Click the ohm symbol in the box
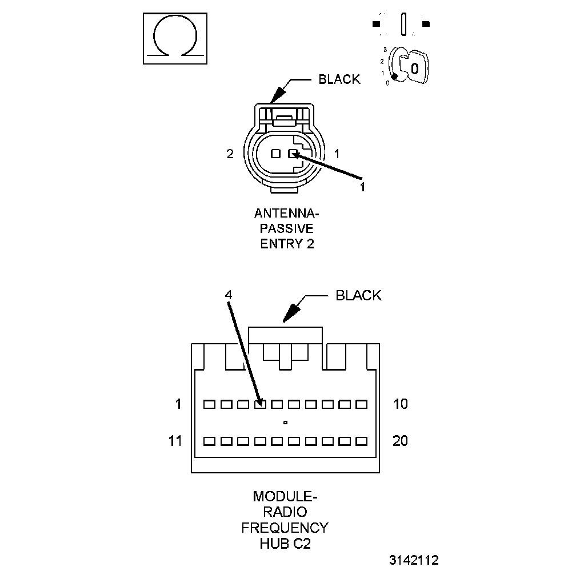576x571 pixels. (174, 39)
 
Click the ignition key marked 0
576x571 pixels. (413, 67)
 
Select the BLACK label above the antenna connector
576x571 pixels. (339, 79)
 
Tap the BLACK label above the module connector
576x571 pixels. (358, 295)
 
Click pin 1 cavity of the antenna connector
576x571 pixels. (293, 154)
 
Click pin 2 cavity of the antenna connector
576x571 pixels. (275, 154)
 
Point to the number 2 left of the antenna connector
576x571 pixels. (230, 154)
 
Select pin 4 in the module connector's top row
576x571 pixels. (260, 404)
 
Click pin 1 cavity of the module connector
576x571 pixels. (210, 404)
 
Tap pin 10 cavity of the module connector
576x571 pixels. (361, 404)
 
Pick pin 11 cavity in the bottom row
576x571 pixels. (210, 441)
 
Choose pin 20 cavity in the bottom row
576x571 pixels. (361, 441)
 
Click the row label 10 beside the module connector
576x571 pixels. (401, 404)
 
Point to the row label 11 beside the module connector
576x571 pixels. (175, 441)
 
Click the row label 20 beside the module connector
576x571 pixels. (401, 441)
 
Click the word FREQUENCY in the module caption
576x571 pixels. (285, 527)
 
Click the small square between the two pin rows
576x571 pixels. (285, 423)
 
